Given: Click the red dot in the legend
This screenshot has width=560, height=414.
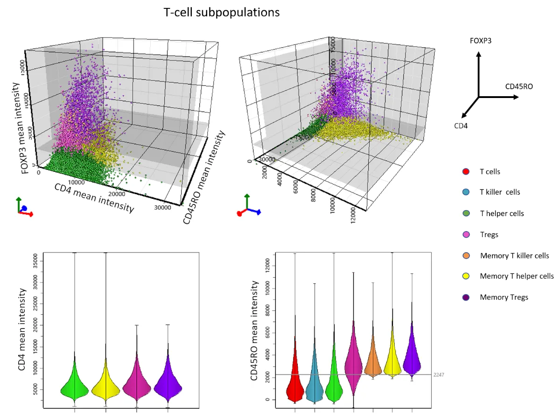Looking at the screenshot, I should (x=466, y=172).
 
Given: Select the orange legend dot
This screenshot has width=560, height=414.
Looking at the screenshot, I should (x=466, y=255).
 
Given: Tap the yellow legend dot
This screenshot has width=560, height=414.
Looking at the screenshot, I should (x=466, y=276).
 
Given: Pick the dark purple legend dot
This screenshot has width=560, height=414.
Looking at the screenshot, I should (x=466, y=297).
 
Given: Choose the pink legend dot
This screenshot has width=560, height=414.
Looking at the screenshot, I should (x=466, y=234).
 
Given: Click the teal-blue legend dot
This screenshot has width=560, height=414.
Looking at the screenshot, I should (x=466, y=192).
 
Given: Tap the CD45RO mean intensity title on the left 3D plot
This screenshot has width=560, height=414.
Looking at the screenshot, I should (x=204, y=177).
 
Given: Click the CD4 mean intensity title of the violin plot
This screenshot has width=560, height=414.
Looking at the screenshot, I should (x=21, y=330).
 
